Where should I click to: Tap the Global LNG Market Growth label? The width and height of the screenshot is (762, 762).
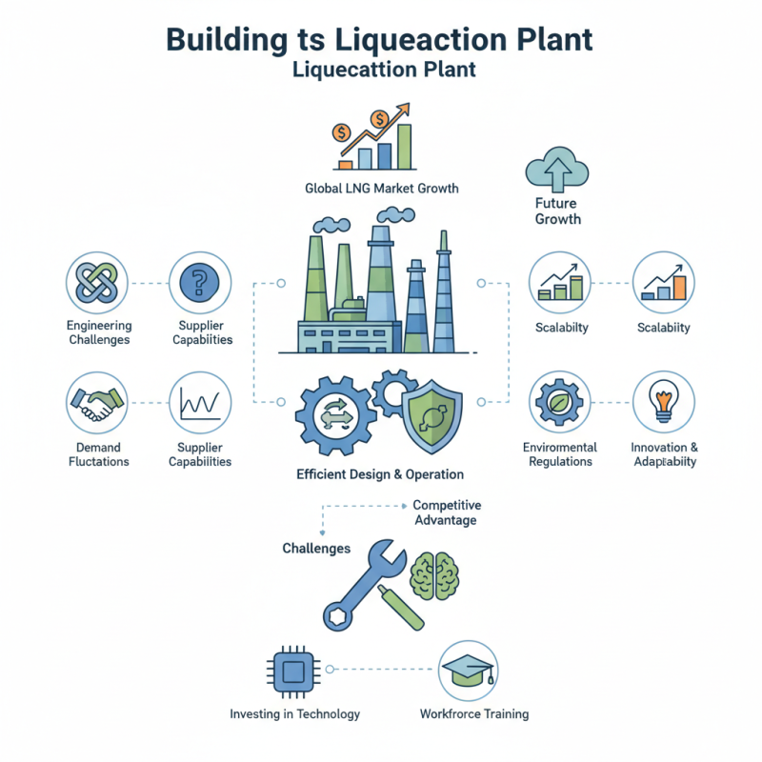tap(381, 189)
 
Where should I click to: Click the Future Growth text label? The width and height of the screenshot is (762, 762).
tap(557, 211)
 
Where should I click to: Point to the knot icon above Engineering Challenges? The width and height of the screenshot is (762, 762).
tap(97, 283)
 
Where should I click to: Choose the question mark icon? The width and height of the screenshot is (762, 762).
tap(200, 283)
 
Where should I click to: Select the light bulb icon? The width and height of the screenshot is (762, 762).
tap(664, 403)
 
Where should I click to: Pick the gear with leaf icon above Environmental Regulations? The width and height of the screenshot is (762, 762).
tap(559, 403)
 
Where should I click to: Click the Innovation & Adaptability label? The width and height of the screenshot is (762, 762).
tap(664, 454)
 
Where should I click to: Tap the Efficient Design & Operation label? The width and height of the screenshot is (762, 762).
tap(381, 473)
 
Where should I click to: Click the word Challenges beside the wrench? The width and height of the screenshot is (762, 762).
tap(316, 549)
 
